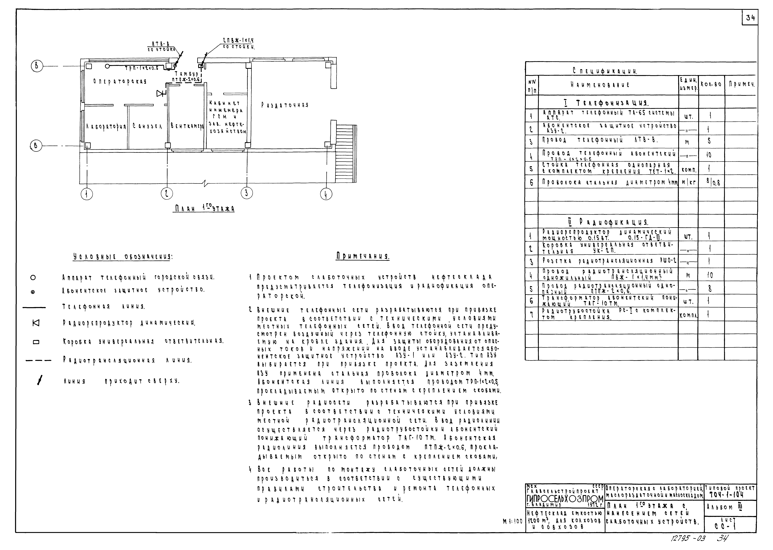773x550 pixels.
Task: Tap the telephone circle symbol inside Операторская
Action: click(x=107, y=66)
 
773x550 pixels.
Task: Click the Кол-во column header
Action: click(x=711, y=85)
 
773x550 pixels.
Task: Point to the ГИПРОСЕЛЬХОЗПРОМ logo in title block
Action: click(x=565, y=499)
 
